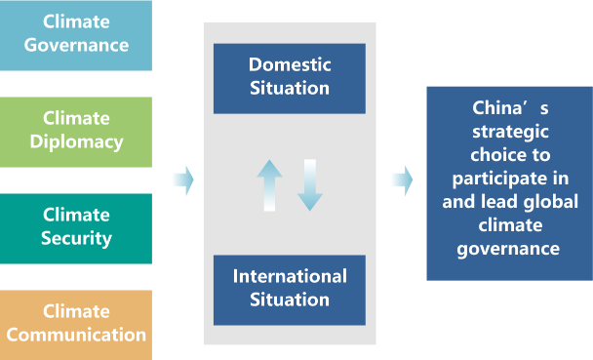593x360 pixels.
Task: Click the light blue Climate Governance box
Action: click(x=76, y=35)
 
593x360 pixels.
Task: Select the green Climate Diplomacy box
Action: click(x=76, y=132)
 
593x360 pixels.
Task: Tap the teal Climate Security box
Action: click(x=76, y=228)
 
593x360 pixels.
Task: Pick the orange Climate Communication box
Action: click(x=76, y=325)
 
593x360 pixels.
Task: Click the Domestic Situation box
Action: click(x=290, y=79)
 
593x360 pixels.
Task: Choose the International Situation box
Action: click(x=290, y=290)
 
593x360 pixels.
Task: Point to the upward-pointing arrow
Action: click(x=269, y=185)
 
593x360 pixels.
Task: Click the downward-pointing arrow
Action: click(x=310, y=185)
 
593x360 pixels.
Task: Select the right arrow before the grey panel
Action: click(x=183, y=180)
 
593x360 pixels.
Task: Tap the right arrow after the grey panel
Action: click(x=403, y=180)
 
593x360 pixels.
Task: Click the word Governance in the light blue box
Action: click(x=76, y=46)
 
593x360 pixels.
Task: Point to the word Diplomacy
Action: click(x=76, y=142)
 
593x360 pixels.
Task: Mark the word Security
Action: click(x=76, y=239)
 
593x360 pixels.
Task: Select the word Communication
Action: click(x=76, y=335)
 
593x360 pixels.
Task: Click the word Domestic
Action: click(x=290, y=64)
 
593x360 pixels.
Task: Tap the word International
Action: click(x=290, y=276)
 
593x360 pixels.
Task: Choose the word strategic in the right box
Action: click(x=510, y=133)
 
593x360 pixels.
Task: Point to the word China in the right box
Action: click(x=497, y=108)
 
